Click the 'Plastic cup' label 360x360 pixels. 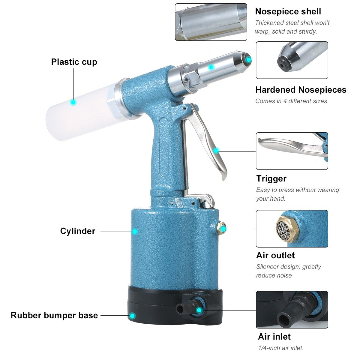point(74,62)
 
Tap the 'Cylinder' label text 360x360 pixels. point(78,231)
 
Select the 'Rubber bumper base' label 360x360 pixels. point(54,315)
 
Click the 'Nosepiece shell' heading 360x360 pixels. point(288,11)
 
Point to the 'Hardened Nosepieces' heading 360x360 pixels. point(301,90)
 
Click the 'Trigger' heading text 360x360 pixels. point(271,178)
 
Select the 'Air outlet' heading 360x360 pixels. point(275,255)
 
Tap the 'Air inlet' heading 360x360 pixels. point(274,336)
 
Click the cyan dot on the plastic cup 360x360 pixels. point(73,102)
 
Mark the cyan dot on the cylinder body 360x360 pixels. point(135,231)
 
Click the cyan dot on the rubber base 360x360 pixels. point(132,316)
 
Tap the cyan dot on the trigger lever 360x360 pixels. point(216,151)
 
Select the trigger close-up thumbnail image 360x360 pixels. point(292,151)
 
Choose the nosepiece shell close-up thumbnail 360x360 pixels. point(211,22)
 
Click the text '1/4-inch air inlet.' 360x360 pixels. point(280,348)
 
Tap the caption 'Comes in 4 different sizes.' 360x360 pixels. point(292,101)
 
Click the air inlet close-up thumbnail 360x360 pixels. point(292,310)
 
